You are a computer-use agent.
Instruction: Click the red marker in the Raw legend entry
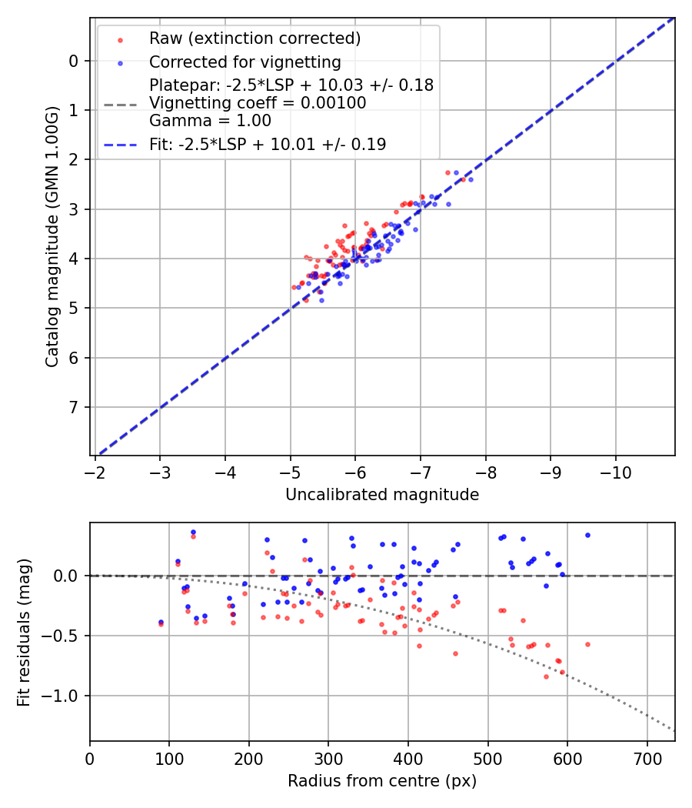(119, 39)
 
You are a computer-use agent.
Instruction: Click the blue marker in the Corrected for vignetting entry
(119, 62)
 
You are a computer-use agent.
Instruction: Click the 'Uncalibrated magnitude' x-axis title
(382, 495)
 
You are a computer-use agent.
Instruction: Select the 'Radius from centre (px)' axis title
(382, 781)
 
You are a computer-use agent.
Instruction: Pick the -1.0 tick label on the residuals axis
(65, 696)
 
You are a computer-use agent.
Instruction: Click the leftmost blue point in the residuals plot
(161, 622)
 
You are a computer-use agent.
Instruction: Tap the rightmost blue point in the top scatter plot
(471, 179)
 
